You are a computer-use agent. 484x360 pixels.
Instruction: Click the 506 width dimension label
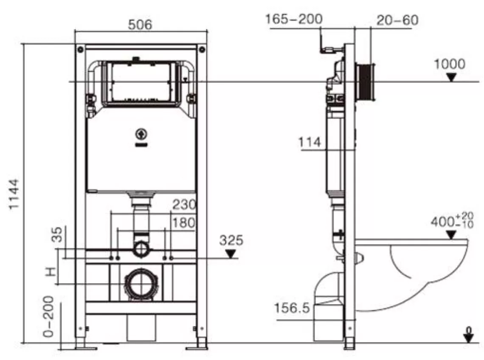140,25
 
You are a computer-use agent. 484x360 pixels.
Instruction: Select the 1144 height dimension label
14,194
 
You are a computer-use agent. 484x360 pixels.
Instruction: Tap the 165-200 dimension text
294,19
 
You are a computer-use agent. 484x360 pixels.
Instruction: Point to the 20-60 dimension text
397,20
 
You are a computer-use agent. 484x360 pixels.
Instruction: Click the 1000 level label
450,64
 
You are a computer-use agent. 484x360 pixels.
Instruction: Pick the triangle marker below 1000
451,78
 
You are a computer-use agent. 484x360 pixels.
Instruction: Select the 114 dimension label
310,142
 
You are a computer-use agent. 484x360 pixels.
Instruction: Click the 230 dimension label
184,204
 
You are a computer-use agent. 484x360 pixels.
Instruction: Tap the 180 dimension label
184,222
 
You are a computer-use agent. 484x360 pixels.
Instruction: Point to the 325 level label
231,240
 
